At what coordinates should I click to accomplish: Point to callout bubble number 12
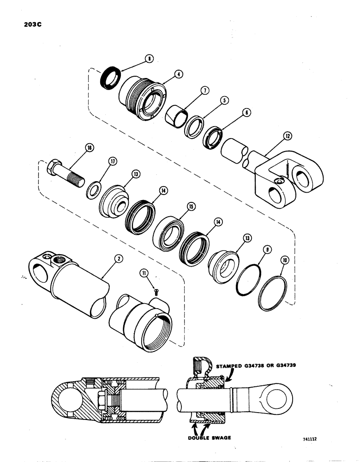pyautogui.click(x=288, y=136)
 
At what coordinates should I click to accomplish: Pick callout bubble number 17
pyautogui.click(x=111, y=161)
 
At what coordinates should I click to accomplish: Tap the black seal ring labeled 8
pyautogui.click(x=111, y=78)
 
